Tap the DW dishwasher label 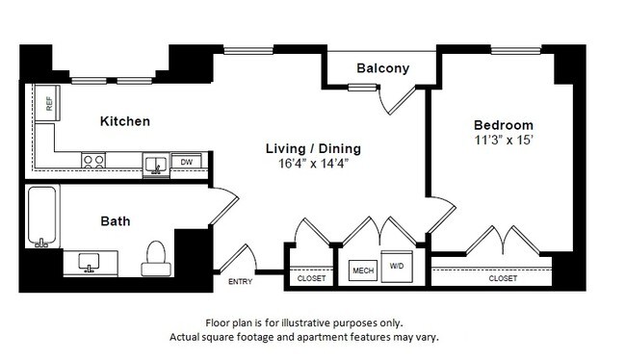pos(188,163)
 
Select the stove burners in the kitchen pos(93,162)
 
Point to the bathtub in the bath pos(40,218)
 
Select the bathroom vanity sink pos(90,260)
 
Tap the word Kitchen pos(125,121)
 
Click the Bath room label pos(116,221)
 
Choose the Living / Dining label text pos(313,148)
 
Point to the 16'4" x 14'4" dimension pos(313,164)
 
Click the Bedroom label pos(503,126)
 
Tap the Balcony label pos(382,68)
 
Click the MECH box pos(362,270)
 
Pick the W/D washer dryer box pos(397,267)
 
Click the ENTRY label pos(240,281)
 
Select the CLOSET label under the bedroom pos(503,278)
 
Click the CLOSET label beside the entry pos(311,278)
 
